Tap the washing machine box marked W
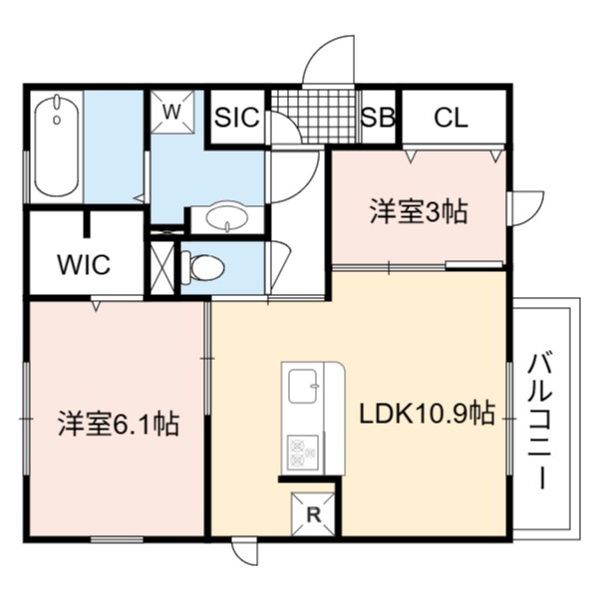coord(172,112)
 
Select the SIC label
coord(237,117)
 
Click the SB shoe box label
coord(378,117)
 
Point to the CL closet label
coord(451,118)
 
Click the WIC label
coord(84,264)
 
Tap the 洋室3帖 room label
coord(419,212)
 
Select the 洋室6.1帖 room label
coord(119,424)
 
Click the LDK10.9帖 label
coord(428,413)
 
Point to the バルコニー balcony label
coord(539,422)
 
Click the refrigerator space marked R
coord(313,514)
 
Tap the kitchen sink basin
coord(303,386)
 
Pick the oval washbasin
coord(227,217)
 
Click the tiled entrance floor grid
coord(315,117)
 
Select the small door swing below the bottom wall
coord(245,553)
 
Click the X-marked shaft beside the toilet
coord(162,268)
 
